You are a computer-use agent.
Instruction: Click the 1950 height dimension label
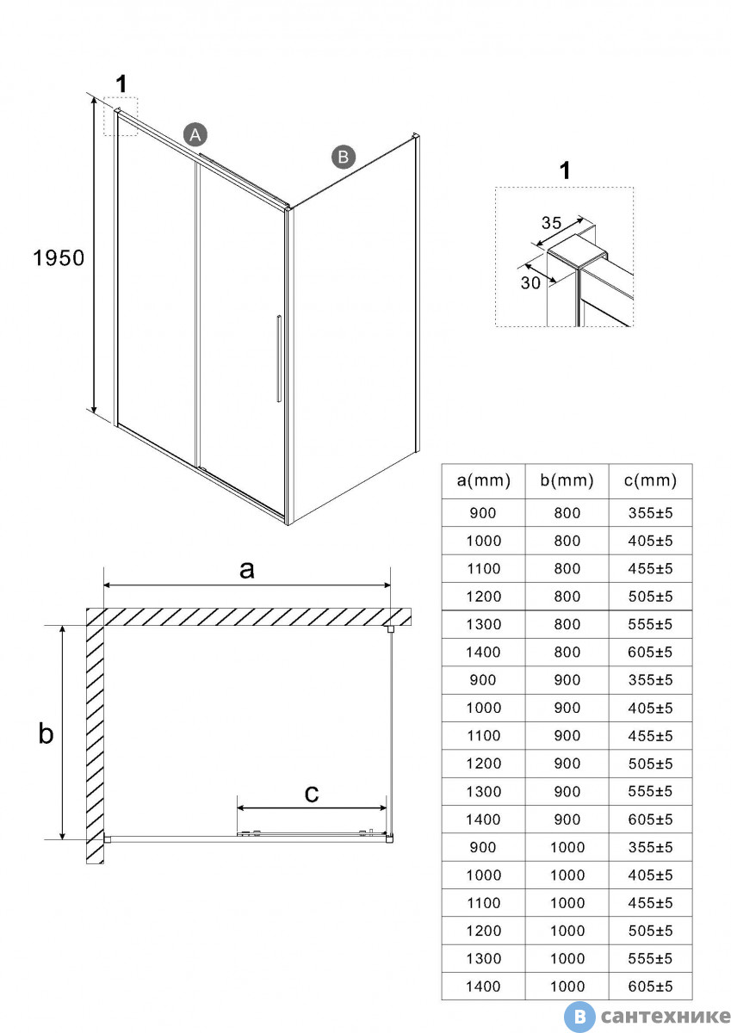(59, 257)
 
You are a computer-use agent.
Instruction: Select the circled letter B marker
(343, 157)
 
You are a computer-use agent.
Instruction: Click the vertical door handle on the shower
(278, 359)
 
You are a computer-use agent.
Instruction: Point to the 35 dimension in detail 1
(551, 222)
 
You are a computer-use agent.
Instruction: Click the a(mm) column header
(483, 480)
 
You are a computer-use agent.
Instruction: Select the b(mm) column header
(567, 480)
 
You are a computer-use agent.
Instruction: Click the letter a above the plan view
(247, 569)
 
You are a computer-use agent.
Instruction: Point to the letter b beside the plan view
(46, 733)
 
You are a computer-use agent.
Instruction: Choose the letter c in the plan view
(312, 793)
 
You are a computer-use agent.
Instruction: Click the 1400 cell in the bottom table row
(483, 986)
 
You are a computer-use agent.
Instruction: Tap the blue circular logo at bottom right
(582, 1017)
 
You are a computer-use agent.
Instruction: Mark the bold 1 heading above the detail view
(565, 170)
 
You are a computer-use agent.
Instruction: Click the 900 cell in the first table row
(483, 513)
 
